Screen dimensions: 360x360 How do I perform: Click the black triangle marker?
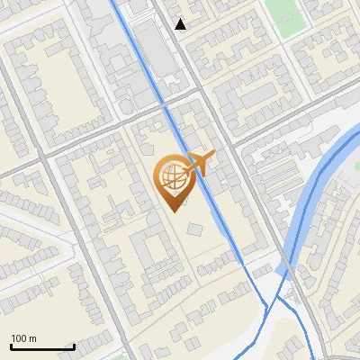[x=181, y=24]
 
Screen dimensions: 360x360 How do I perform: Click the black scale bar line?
[x=42, y=347]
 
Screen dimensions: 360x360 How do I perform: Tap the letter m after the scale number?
[x=33, y=338]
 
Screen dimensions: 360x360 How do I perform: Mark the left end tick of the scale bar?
[x=11, y=346]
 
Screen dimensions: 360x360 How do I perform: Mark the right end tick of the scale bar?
[x=74, y=346]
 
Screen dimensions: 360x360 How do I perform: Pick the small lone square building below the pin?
[x=194, y=230]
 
